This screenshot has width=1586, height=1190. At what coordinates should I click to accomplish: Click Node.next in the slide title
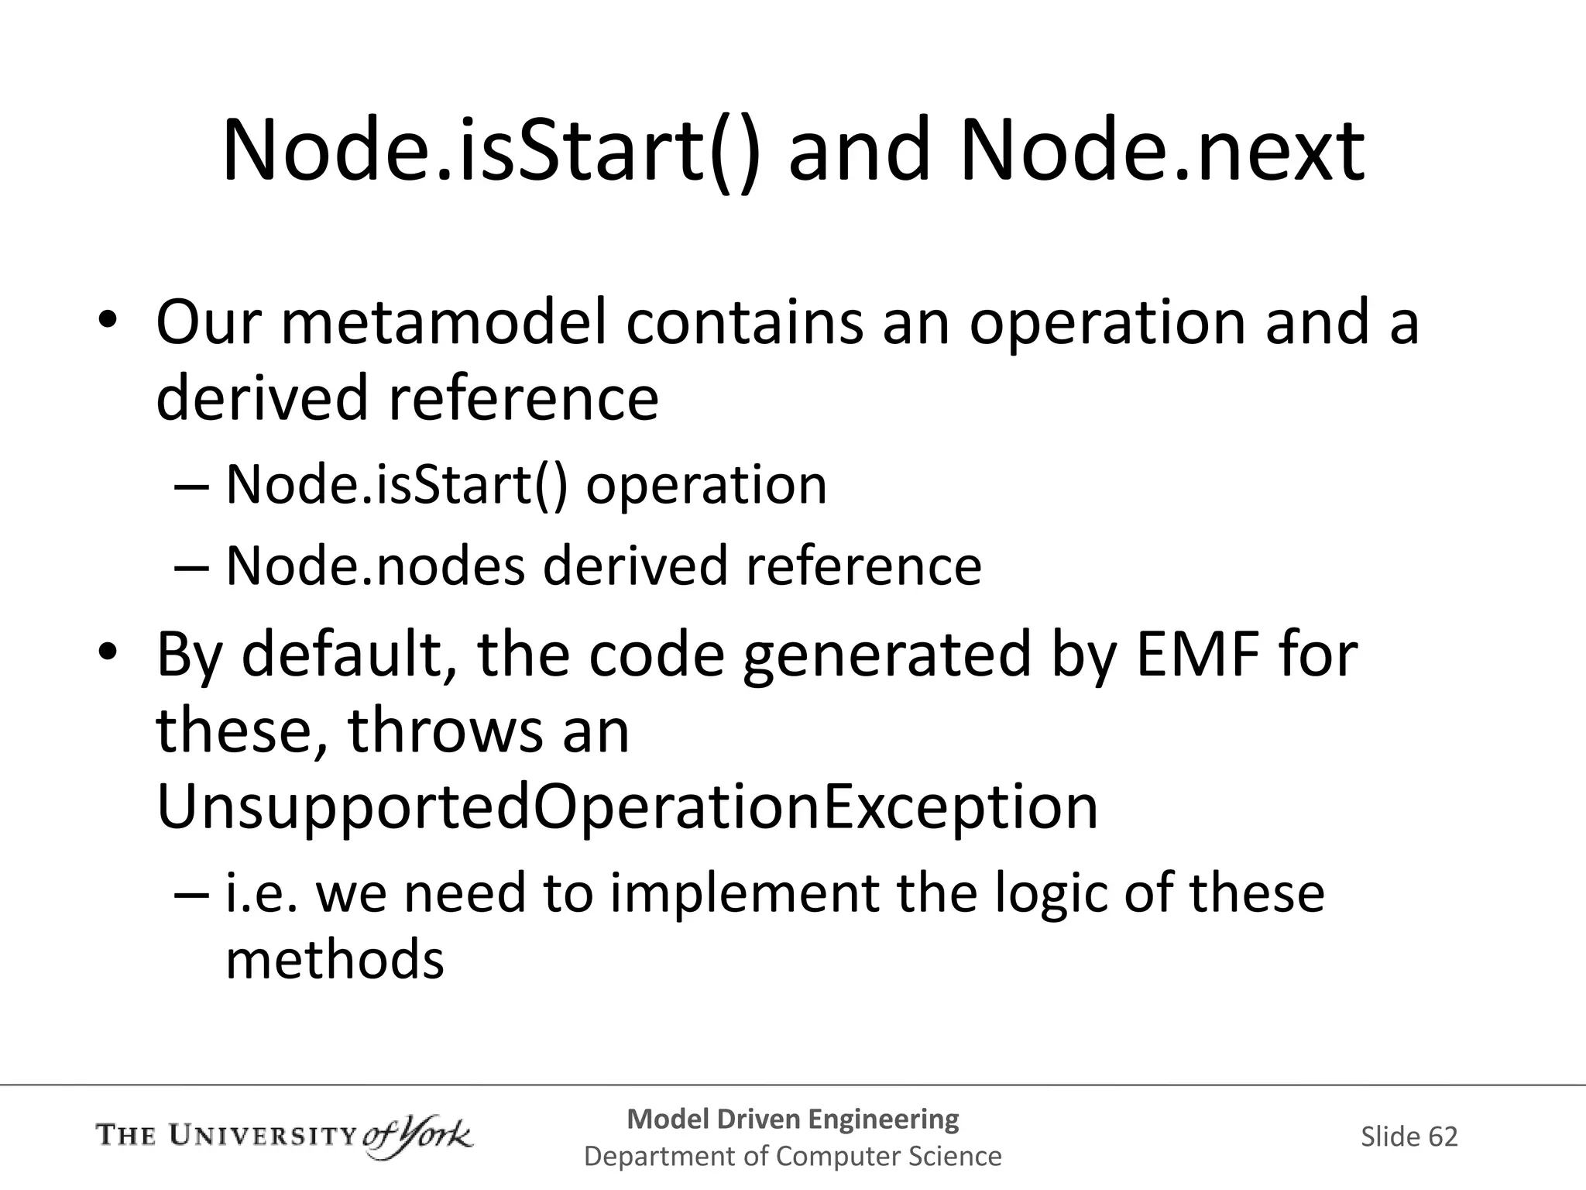coord(1162,151)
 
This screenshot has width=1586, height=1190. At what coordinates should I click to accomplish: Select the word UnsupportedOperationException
coord(627,808)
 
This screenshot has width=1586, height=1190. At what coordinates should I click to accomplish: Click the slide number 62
coord(1443,1137)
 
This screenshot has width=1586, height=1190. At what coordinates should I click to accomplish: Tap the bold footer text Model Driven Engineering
coord(792,1119)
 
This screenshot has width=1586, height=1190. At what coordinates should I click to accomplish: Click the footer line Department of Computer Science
coord(792,1157)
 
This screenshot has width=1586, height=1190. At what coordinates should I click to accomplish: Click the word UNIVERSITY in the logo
coord(263,1137)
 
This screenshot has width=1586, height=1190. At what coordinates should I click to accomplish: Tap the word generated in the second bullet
coord(887,655)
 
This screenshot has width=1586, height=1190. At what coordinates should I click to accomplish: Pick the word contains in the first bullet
coord(744,323)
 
